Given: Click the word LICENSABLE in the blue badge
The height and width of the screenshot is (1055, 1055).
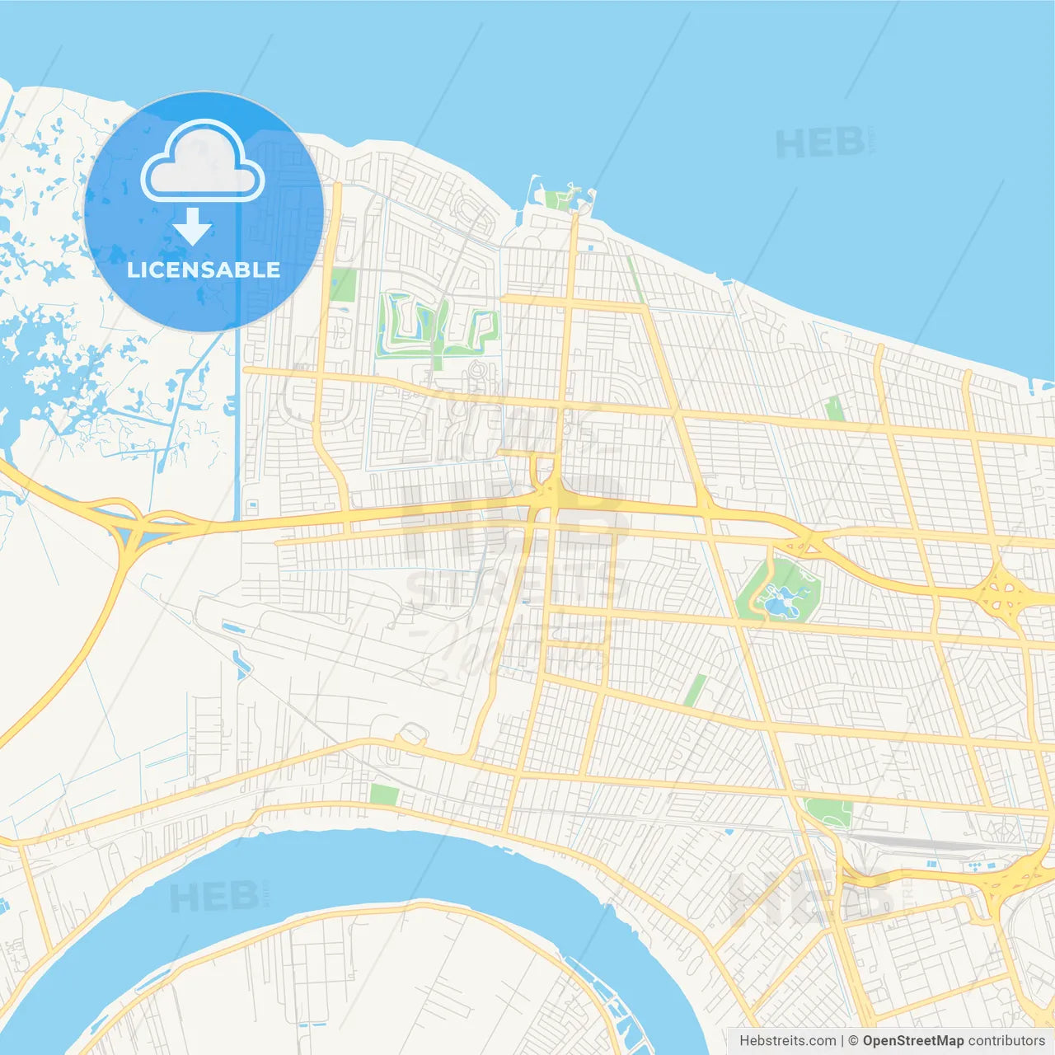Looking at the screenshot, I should click(204, 270).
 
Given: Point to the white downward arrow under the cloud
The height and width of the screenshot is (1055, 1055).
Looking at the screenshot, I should click(192, 227).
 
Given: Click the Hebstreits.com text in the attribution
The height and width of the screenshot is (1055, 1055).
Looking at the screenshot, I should click(787, 1041).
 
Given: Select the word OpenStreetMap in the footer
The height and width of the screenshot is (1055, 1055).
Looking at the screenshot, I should click(912, 1041).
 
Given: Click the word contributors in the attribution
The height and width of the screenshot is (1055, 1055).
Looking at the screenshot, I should click(1006, 1041).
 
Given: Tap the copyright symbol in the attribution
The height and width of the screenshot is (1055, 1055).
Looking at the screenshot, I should click(853, 1041).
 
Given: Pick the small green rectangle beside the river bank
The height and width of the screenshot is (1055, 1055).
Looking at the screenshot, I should click(384, 795).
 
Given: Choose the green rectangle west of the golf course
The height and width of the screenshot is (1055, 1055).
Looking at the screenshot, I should click(343, 284).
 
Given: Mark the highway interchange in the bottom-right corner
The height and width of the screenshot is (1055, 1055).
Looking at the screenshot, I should click(1014, 882).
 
